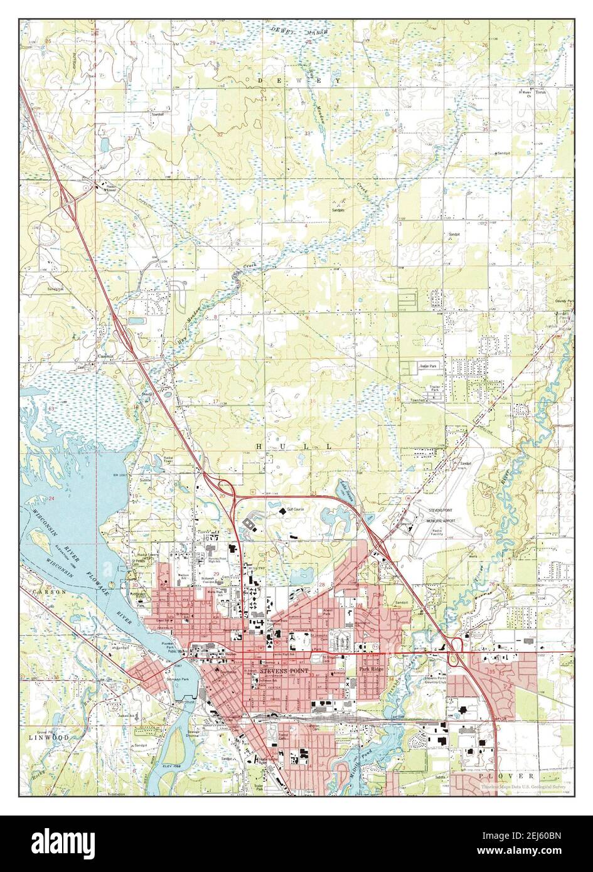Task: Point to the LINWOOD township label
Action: pyautogui.click(x=48, y=737)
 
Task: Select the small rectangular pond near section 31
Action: pyautogui.click(x=104, y=145)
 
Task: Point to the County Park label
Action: pyautogui.click(x=562, y=300)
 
